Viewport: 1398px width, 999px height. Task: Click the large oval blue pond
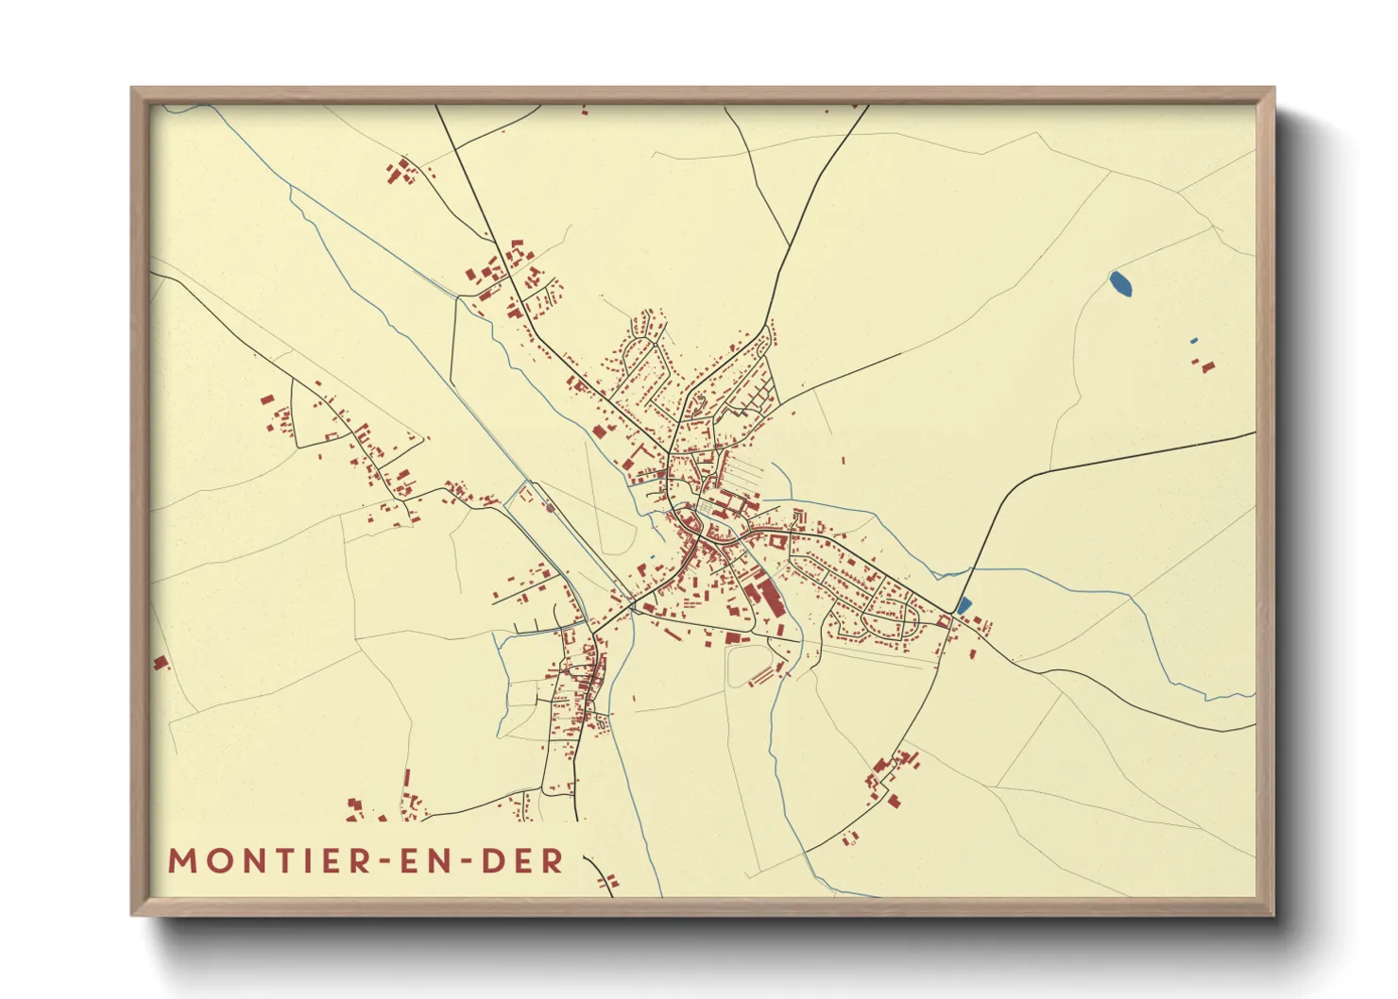[x=1121, y=283]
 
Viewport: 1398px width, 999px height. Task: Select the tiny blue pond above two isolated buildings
[x=1194, y=340]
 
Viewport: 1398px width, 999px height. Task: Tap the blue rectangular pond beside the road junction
[x=963, y=605]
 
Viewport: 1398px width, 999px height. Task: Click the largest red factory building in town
[x=762, y=599]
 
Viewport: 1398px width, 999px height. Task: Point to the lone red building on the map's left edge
[x=161, y=662]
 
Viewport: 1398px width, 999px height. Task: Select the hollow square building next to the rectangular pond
[x=944, y=620]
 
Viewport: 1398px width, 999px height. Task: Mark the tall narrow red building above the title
[x=407, y=778]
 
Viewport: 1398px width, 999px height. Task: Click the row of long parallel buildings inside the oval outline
[x=761, y=676]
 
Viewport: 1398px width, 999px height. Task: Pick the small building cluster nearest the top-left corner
[x=401, y=173]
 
